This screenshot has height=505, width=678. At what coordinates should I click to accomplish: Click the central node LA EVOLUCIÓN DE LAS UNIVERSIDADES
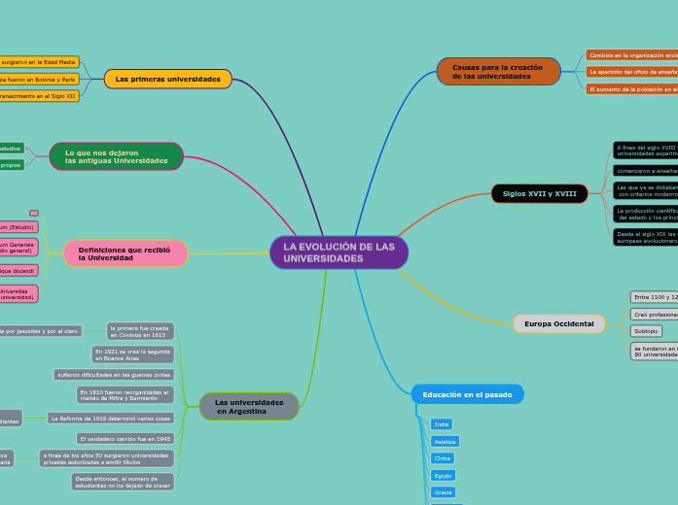click(x=339, y=252)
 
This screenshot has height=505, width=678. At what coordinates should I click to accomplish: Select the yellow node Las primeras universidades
click(x=167, y=79)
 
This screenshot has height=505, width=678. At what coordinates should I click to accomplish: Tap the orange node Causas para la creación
click(x=498, y=71)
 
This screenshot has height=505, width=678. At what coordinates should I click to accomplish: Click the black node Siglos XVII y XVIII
click(x=539, y=193)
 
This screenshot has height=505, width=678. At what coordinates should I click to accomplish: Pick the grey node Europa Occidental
click(x=558, y=323)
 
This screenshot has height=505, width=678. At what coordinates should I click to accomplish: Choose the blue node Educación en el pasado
click(x=467, y=394)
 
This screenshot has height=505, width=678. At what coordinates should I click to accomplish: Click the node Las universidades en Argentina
click(x=249, y=406)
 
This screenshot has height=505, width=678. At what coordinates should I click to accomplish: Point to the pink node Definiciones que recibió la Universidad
click(x=125, y=253)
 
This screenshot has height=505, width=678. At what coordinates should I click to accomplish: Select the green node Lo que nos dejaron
click(x=117, y=156)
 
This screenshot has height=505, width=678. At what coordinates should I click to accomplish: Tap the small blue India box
click(x=442, y=424)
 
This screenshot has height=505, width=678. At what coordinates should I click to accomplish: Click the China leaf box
click(x=443, y=458)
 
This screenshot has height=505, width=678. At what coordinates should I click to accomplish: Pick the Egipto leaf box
click(x=443, y=476)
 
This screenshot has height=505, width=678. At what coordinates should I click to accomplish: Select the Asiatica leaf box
click(x=445, y=441)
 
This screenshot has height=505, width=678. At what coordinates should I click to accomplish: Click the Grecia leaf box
click(x=444, y=492)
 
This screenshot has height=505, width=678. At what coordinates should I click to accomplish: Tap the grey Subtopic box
click(x=647, y=331)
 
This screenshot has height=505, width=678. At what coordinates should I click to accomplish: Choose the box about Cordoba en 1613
click(x=140, y=331)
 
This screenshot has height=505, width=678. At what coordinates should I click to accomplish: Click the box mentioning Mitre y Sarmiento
click(x=125, y=394)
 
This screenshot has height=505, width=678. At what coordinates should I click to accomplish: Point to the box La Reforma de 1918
click(x=111, y=418)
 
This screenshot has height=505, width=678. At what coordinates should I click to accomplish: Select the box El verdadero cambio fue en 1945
click(x=125, y=439)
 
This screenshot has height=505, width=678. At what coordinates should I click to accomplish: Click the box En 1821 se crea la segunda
click(x=133, y=354)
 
